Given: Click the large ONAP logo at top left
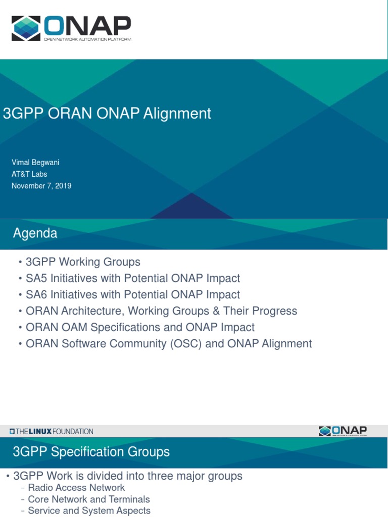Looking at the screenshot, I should click(x=71, y=28).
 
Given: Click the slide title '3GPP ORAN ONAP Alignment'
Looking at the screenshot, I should click(x=107, y=114).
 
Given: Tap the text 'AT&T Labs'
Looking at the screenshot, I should click(x=30, y=174).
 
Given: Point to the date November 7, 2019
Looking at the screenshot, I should click(x=42, y=186).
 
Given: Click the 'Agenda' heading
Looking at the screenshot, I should click(x=35, y=234).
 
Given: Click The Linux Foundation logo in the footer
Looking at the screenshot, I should click(x=52, y=432).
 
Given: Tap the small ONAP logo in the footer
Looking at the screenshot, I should click(x=343, y=431).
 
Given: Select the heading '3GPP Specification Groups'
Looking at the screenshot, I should click(x=91, y=452).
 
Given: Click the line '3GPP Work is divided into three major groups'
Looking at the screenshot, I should click(x=127, y=476).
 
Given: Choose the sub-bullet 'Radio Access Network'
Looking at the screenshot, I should click(x=76, y=488).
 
